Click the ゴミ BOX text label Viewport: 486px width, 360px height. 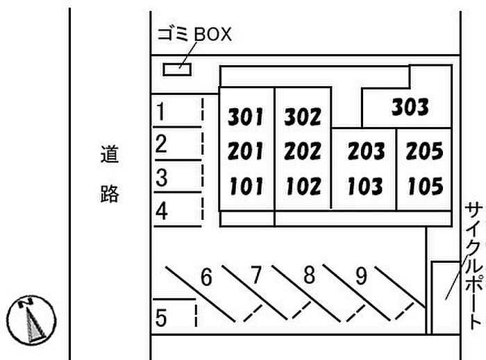(x=194, y=34)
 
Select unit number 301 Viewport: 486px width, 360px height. (x=245, y=117)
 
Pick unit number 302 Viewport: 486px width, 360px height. (x=303, y=117)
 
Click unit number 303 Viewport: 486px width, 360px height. (x=410, y=107)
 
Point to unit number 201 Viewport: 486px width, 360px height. (x=245, y=151)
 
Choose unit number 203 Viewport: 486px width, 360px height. (x=366, y=151)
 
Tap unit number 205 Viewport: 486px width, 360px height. (x=424, y=151)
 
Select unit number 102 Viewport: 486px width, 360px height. (x=303, y=187)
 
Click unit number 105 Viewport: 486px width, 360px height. (x=426, y=187)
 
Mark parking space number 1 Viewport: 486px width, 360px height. (x=160, y=112)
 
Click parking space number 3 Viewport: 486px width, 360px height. (x=162, y=178)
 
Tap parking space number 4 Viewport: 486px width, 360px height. (x=162, y=211)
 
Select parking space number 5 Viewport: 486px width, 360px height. (x=161, y=318)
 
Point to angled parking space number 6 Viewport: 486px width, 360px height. (x=206, y=277)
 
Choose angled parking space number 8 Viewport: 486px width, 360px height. (x=310, y=275)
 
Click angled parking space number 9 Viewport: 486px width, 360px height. (x=362, y=276)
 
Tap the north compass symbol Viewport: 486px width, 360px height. (x=31, y=320)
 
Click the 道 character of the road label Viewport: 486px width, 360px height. (x=110, y=154)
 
